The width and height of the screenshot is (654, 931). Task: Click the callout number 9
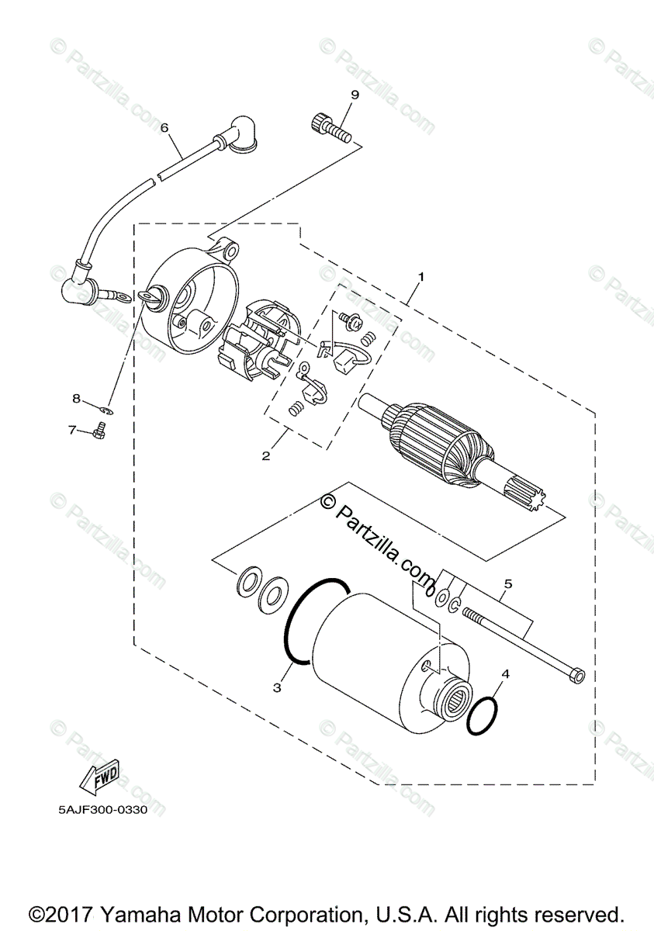[354, 95]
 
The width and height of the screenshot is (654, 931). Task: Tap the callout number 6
[164, 126]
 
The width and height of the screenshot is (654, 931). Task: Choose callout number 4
[505, 674]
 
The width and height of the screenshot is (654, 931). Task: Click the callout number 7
[71, 429]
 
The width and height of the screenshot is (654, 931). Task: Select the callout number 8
[76, 399]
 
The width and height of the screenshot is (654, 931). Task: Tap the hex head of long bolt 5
[576, 674]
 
